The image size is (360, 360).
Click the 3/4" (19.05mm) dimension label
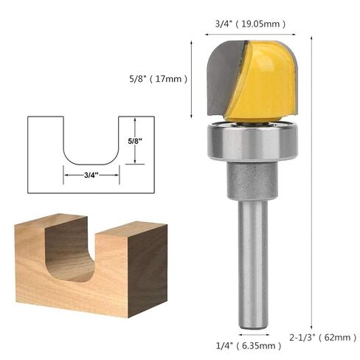250,24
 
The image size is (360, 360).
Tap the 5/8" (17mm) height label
158,79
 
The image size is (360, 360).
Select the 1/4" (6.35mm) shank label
249,346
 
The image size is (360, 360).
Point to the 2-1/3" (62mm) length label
322,337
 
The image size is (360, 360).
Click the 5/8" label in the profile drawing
135,141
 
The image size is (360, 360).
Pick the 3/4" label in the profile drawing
91,175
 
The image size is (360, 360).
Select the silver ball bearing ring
252,141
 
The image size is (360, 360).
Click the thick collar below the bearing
252,181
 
